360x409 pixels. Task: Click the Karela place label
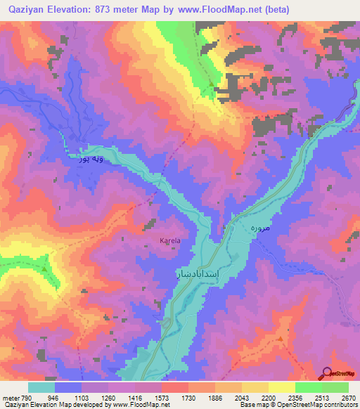[170, 240]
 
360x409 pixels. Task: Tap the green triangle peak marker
[45, 268]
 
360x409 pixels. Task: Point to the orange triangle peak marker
[280, 339]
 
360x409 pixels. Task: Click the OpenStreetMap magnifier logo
[327, 372]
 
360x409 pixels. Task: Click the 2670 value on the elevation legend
[348, 397]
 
